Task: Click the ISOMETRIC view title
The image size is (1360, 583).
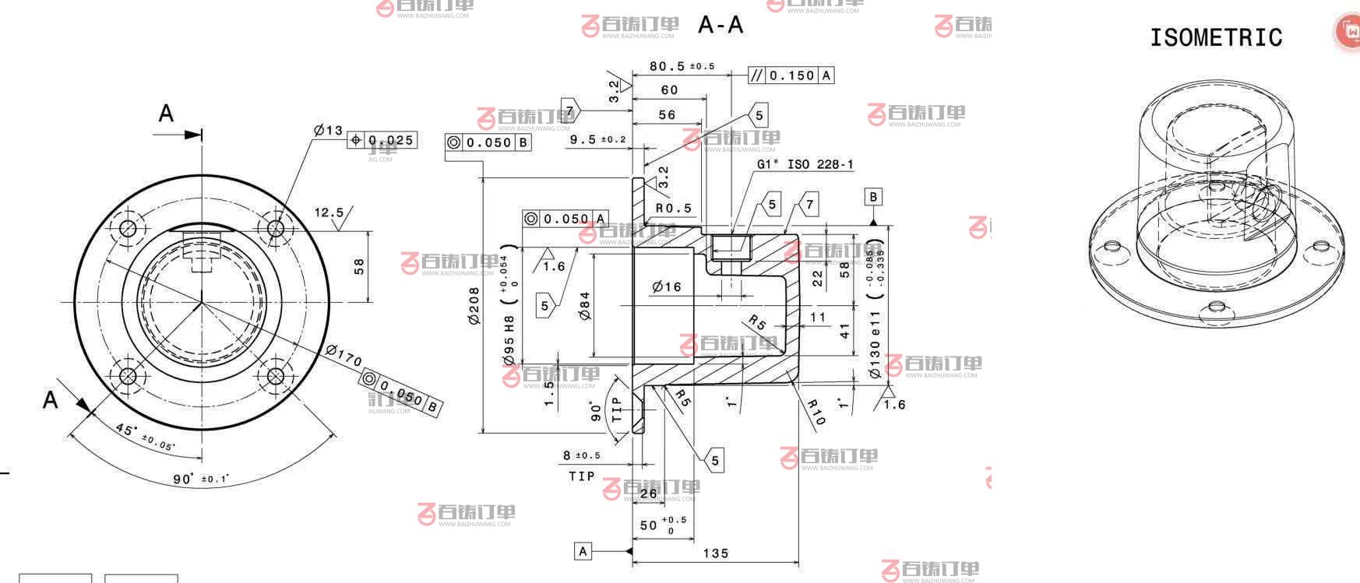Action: tap(1215, 37)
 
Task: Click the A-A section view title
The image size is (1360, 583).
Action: tap(721, 25)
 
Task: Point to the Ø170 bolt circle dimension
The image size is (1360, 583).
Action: tap(344, 356)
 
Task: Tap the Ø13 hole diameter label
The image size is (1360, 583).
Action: tap(328, 131)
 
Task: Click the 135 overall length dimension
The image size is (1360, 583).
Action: tap(715, 553)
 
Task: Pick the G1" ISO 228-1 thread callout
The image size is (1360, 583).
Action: tap(805, 164)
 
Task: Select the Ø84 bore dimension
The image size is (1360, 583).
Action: tap(585, 305)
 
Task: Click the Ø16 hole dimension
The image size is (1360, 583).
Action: tap(667, 287)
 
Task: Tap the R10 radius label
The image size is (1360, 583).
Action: tap(815, 412)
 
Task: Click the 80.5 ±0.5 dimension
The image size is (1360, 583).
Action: tap(682, 67)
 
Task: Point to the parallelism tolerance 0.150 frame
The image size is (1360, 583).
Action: tap(791, 76)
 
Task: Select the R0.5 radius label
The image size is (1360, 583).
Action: tap(673, 208)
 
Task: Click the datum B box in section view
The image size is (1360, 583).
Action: tap(872, 197)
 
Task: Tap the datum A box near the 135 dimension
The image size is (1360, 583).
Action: tap(583, 551)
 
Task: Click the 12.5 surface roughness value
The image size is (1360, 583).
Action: tap(329, 212)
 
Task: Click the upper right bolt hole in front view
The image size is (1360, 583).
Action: tap(275, 228)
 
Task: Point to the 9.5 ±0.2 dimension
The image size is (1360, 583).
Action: tap(597, 139)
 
